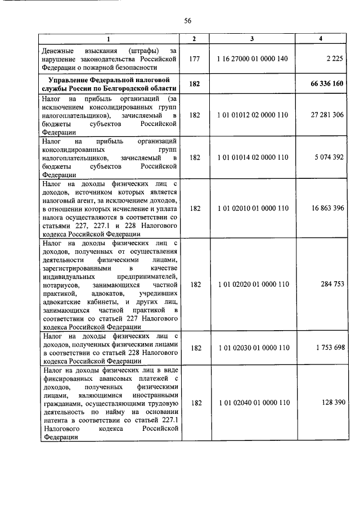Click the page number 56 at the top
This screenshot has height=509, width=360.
(188, 21)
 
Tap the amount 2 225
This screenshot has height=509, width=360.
(333, 58)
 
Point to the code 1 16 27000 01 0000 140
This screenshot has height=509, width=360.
(252, 58)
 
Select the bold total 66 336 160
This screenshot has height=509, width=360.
(326, 83)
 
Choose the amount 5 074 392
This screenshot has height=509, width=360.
(328, 157)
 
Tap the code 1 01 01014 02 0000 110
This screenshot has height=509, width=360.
(252, 157)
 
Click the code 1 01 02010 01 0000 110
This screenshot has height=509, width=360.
(252, 208)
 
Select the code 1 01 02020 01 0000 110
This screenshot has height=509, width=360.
(252, 285)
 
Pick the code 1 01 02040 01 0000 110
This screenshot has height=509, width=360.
(252, 403)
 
